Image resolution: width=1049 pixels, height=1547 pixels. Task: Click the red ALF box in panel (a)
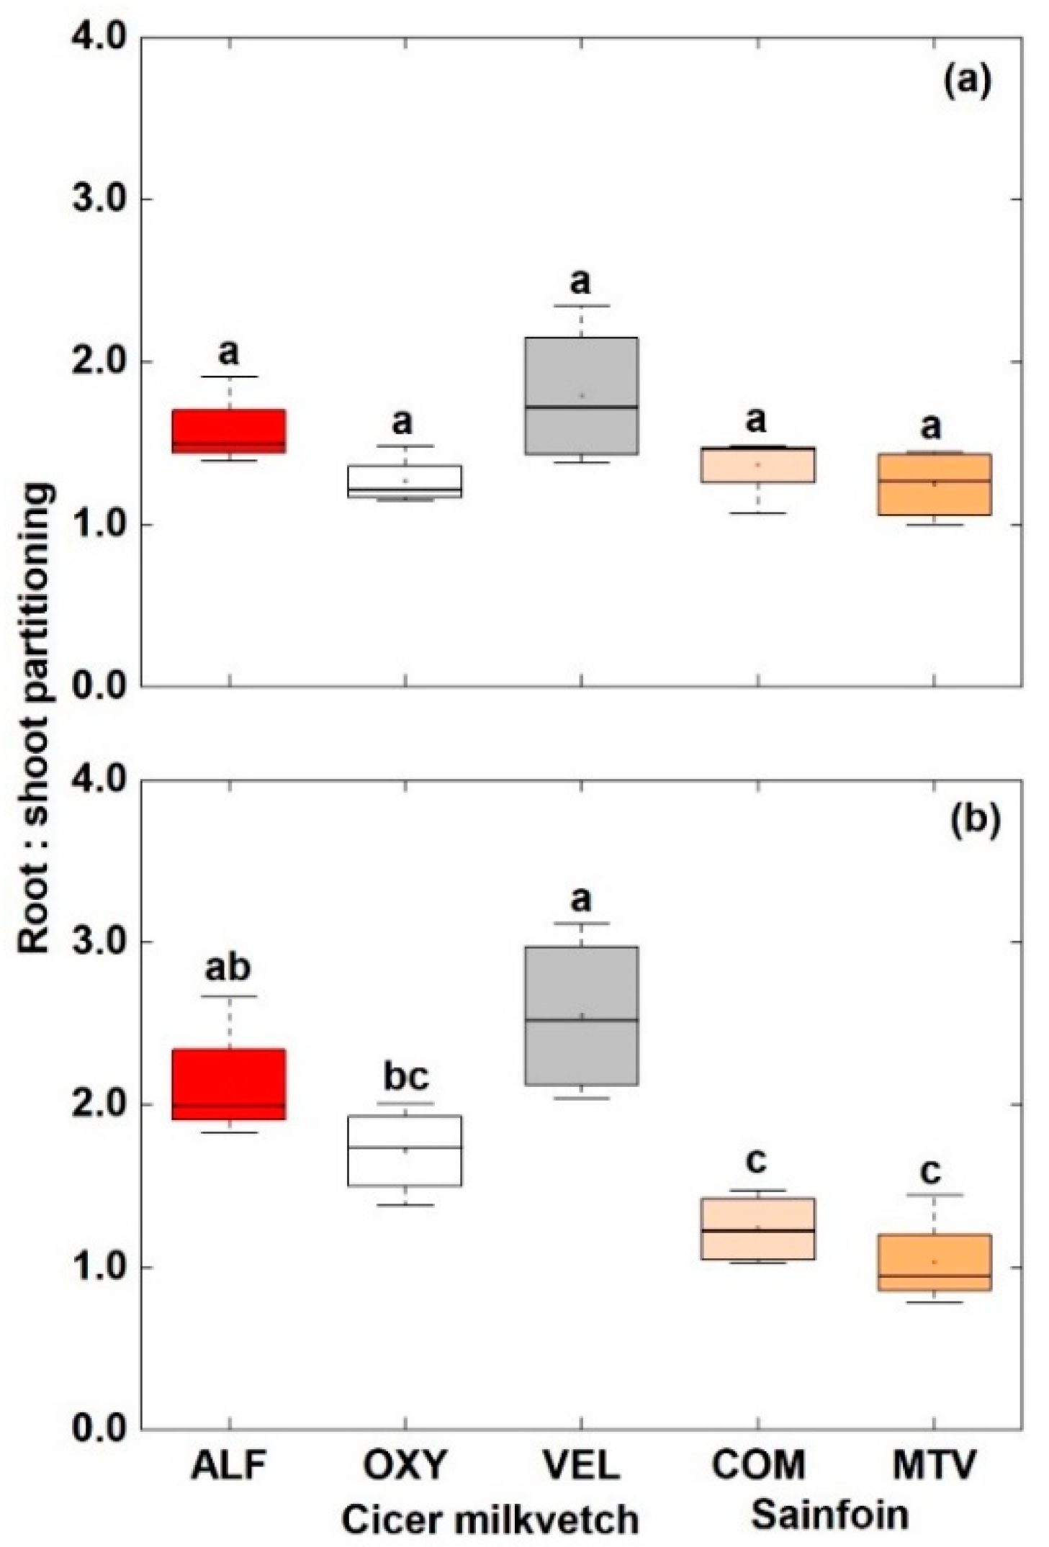click(x=229, y=430)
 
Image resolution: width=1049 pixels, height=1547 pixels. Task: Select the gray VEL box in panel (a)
click(x=581, y=395)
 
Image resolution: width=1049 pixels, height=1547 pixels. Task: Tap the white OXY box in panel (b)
click(x=405, y=1150)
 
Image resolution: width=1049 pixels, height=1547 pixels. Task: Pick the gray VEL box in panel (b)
click(x=581, y=1015)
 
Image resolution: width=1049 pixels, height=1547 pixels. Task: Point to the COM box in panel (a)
click(x=757, y=464)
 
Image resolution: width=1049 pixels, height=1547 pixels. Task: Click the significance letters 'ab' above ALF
click(x=228, y=968)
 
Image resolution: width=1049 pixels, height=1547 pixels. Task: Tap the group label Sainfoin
click(x=829, y=1514)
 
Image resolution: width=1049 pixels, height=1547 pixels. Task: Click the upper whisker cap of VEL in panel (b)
click(x=581, y=923)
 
